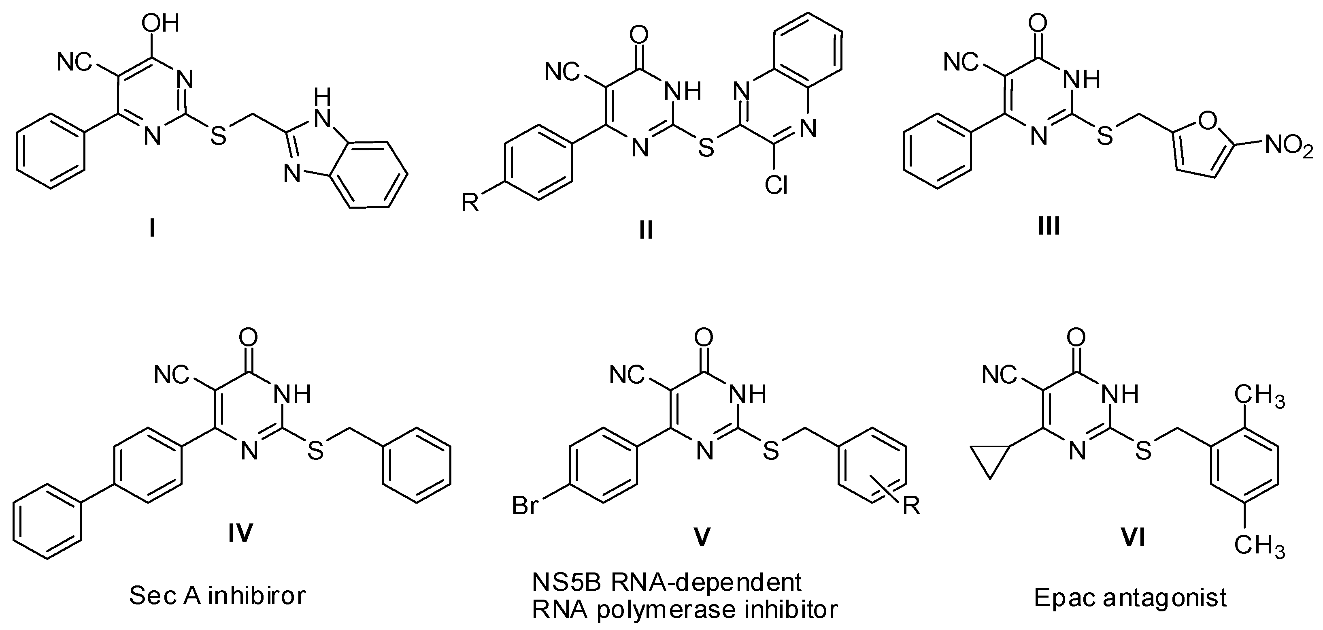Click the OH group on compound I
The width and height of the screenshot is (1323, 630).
point(163,23)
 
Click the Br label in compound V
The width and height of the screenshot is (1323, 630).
point(525,506)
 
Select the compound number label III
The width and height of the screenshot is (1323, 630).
point(1049,226)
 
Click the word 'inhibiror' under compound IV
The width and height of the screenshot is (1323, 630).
point(257,596)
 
